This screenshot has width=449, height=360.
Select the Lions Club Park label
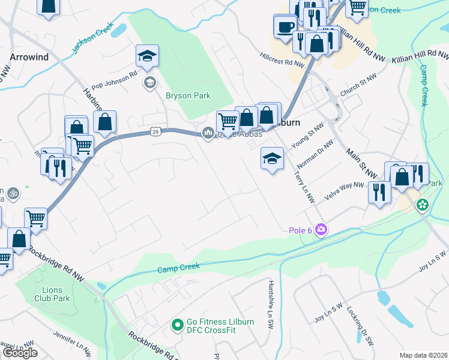pos(52,294)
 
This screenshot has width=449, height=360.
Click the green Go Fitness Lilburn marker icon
pos(177,326)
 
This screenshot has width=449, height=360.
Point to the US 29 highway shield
pos(155,131)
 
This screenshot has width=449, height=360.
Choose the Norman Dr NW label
pos(319,154)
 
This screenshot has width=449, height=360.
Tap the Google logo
pos(20,353)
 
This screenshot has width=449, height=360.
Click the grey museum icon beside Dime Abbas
pos(208,133)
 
